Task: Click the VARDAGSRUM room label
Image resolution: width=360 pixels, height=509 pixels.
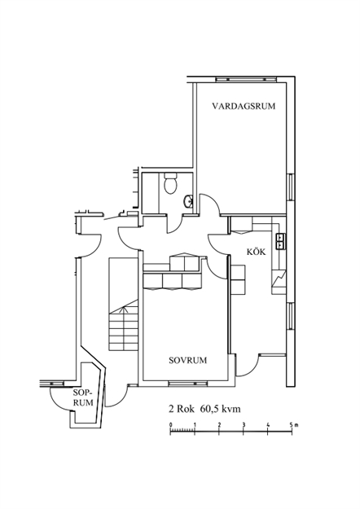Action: click(x=244, y=106)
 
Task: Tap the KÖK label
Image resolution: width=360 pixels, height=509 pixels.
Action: click(x=256, y=252)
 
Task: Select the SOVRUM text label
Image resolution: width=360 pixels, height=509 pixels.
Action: click(x=187, y=360)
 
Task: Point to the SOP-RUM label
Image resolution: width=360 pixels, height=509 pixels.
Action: click(x=83, y=397)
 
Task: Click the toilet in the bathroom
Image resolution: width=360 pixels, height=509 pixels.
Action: click(x=170, y=183)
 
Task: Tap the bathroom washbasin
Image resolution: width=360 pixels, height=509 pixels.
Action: click(x=188, y=202)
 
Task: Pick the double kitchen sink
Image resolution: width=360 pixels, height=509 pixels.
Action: click(x=280, y=242)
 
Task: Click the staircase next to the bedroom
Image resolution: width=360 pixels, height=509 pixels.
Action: click(x=124, y=304)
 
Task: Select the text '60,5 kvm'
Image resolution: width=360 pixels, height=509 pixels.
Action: click(x=221, y=408)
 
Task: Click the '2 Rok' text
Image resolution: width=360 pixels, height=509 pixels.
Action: click(x=182, y=408)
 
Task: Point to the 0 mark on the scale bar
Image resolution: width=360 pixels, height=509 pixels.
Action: click(x=171, y=424)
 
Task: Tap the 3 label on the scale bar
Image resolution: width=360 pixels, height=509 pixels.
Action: click(x=244, y=424)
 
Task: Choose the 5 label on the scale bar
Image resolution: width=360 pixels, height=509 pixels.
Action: click(x=292, y=424)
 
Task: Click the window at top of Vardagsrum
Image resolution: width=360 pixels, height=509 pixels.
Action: click(x=247, y=79)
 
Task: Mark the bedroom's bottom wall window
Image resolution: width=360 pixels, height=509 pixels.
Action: click(x=188, y=384)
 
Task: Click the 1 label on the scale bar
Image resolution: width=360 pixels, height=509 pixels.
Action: click(x=195, y=424)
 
